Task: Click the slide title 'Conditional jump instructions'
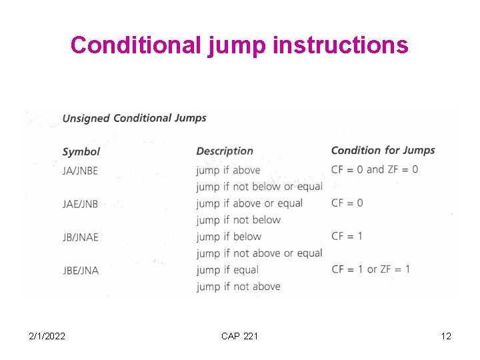[239, 45]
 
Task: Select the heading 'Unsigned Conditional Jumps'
[134, 118]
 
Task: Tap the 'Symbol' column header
[81, 151]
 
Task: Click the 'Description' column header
[225, 151]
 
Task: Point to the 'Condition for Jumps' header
[383, 150]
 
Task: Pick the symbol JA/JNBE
[80, 171]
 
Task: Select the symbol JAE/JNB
[80, 204]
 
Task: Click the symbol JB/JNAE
[80, 237]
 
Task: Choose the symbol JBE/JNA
[80, 270]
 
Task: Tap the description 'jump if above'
[228, 170]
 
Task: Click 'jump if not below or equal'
[259, 187]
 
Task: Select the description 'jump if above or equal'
[249, 203]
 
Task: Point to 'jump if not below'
[239, 220]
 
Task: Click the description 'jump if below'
[229, 237]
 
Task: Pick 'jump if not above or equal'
[259, 253]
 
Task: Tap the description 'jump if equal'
[227, 270]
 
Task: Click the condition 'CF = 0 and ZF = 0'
[375, 169]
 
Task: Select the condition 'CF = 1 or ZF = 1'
[371, 269]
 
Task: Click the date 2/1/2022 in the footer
[47, 336]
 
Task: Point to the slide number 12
[446, 336]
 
